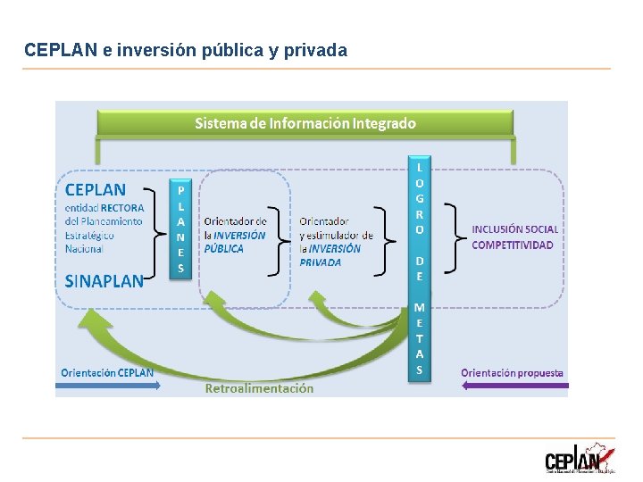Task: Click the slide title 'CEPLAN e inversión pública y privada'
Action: coord(186,51)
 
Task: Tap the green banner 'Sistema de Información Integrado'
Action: coord(305,123)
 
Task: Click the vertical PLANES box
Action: coord(180,229)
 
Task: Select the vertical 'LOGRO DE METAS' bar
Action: coord(420,268)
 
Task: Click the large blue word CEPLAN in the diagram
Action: coord(96,189)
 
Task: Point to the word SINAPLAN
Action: coord(104,281)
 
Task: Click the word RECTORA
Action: coord(121,208)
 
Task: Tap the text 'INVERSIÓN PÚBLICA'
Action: coord(235,242)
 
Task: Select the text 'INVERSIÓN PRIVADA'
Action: coord(330,255)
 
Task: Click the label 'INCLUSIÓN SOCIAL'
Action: coord(514,229)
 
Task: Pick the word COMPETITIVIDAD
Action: coord(512,245)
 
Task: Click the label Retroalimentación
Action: coord(259,388)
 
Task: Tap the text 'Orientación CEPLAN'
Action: coord(107,372)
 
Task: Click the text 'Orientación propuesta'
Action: coord(512,372)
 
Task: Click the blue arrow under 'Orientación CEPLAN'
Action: coord(108,386)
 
